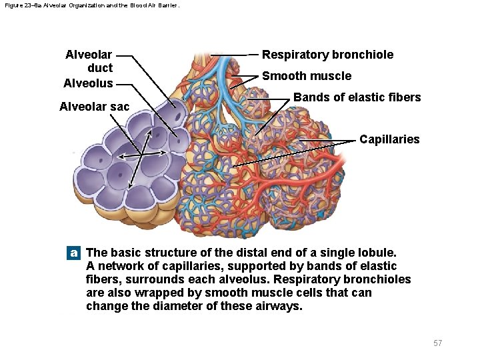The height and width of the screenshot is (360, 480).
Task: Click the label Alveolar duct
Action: coord(89,61)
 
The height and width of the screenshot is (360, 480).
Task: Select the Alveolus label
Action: coord(88,83)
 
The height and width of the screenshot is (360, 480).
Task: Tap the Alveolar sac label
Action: coord(94,107)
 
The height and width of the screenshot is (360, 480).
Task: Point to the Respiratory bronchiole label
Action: coord(327,55)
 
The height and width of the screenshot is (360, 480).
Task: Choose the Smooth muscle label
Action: coord(306,76)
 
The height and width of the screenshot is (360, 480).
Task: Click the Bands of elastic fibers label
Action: coord(357,97)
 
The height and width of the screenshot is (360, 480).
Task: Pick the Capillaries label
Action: coord(389,139)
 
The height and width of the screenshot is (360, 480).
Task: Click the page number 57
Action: coord(437,343)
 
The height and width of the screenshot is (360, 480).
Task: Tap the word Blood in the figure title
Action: coord(125,5)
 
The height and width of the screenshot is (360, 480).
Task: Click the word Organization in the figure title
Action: coord(75,5)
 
